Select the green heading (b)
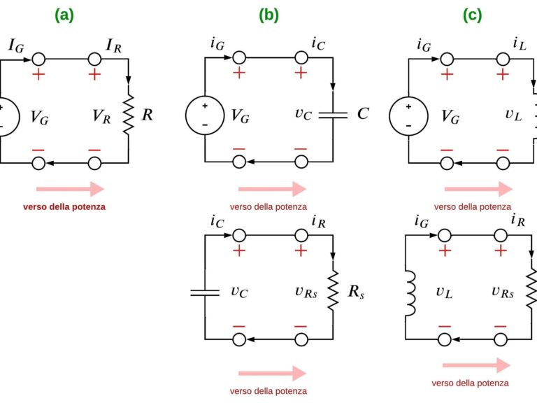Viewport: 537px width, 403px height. [x=268, y=14]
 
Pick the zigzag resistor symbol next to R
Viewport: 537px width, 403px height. [x=128, y=115]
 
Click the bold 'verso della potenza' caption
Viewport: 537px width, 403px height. [x=64, y=207]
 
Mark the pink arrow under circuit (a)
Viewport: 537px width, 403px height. [x=70, y=189]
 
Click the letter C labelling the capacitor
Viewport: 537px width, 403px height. [x=362, y=114]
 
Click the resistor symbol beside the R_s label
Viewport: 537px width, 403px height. [x=333, y=290]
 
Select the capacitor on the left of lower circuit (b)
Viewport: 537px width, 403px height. [x=205, y=291]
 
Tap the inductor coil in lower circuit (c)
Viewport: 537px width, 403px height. [x=410, y=291]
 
